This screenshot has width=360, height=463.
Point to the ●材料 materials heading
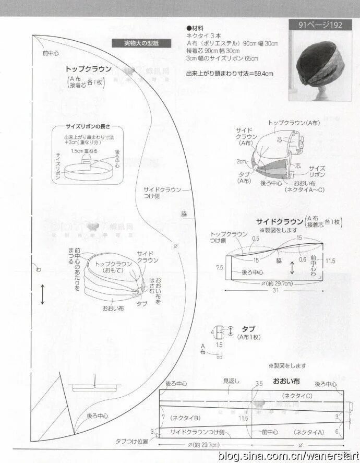coord(195,27)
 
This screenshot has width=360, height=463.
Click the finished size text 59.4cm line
coord(230,74)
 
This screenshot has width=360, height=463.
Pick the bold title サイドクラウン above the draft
coord(280,220)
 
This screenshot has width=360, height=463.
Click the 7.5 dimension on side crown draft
coord(220,267)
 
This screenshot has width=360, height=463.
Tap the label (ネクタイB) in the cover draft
coord(185,418)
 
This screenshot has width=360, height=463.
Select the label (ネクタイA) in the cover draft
coord(309,432)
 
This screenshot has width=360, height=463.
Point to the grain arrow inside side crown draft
coord(292,268)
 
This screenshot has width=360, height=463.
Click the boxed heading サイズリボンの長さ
coord(89,127)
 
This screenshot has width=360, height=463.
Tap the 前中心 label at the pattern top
coord(51,53)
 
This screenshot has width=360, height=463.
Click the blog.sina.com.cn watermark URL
coord(289,456)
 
